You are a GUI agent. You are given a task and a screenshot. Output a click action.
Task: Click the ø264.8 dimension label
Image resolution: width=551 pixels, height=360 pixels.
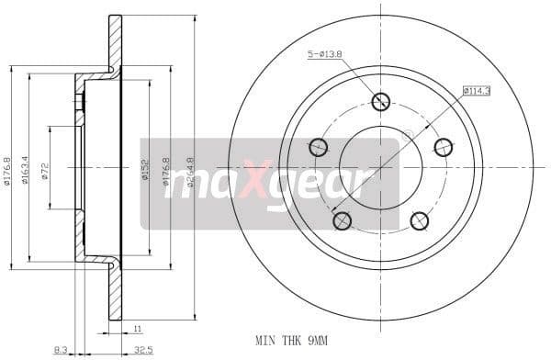(x=191, y=172)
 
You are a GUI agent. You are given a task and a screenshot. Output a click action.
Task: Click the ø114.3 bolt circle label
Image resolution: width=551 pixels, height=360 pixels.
(x=477, y=91)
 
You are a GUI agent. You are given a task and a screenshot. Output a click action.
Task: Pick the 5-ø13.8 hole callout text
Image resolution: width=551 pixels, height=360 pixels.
(x=324, y=55)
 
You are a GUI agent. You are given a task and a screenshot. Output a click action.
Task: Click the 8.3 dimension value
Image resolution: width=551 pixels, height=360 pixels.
(x=61, y=349)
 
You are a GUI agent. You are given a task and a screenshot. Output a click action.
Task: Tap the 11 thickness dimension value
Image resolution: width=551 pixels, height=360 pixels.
(x=138, y=329)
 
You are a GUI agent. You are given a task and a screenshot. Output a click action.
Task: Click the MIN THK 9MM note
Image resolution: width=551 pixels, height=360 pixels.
(x=292, y=341)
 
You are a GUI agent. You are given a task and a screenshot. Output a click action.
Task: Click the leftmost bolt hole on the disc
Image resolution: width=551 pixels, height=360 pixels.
(x=319, y=147)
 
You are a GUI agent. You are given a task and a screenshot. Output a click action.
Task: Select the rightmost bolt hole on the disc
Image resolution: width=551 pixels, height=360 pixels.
(x=443, y=147)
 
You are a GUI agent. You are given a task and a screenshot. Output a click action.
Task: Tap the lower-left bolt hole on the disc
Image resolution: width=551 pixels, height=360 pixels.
(x=343, y=220)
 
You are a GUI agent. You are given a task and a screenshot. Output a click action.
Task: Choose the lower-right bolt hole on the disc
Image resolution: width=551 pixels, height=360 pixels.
(x=419, y=220)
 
